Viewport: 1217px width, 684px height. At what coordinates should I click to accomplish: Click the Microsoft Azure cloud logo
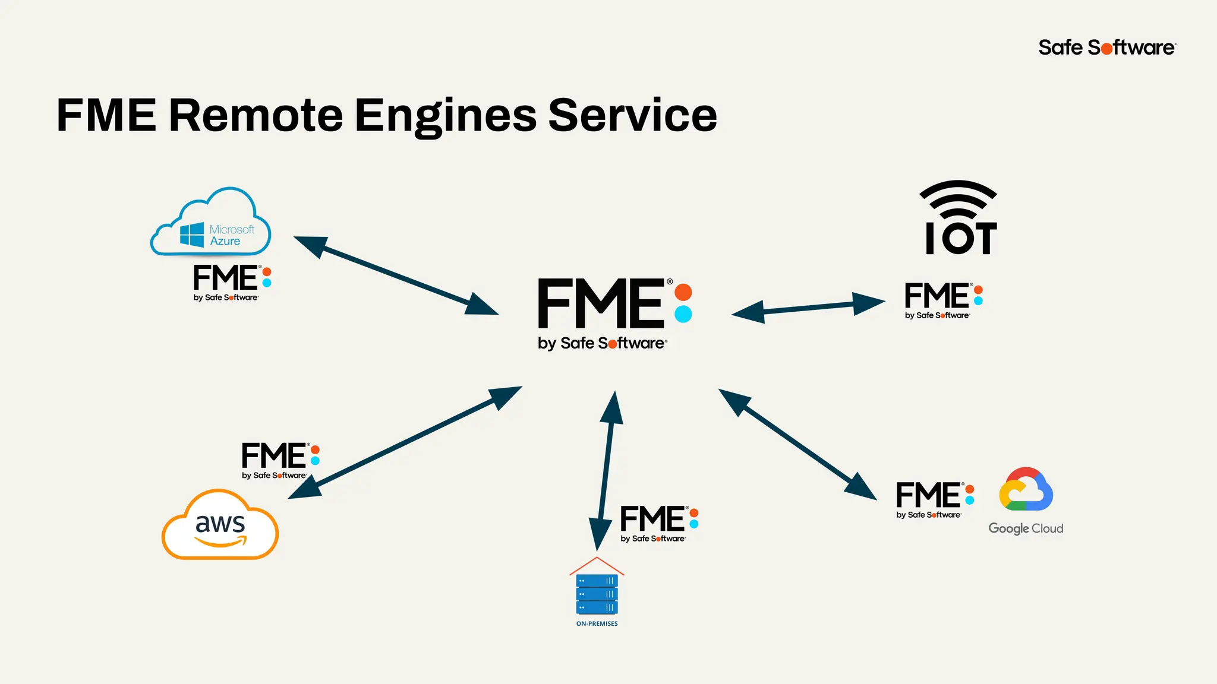coord(211,223)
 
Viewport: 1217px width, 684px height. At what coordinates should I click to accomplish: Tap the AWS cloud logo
coord(220,525)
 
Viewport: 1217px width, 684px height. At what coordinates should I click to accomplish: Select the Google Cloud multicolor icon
coord(1026,490)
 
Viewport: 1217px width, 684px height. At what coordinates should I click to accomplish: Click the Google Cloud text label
coord(1026,528)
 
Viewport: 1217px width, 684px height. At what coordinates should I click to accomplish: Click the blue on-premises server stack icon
coord(597,593)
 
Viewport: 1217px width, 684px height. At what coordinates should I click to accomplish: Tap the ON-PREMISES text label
coord(597,623)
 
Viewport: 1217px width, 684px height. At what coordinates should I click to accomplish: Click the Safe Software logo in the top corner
coord(1107,47)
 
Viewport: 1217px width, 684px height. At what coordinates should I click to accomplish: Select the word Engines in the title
coord(446,116)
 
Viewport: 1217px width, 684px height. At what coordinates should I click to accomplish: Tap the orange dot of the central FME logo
coord(683,292)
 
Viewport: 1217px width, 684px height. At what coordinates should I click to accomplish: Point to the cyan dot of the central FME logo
coord(683,314)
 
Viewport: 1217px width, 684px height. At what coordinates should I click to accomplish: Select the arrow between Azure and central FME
coord(396,275)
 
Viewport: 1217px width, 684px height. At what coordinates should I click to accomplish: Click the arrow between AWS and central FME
coord(405,442)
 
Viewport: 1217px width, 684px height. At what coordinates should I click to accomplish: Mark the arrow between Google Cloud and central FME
coord(797,444)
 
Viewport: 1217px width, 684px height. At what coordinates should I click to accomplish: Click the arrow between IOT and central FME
coord(808,308)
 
